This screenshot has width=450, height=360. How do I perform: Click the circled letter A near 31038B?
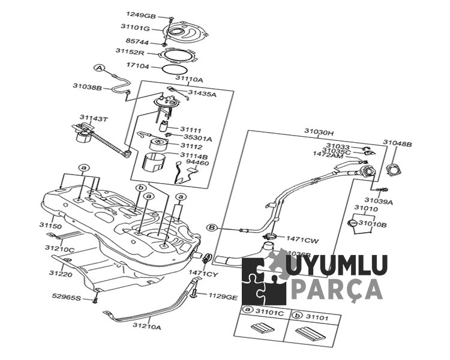click(100, 68)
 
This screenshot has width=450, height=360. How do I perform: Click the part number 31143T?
click(94, 118)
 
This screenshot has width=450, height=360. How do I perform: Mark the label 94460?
click(197, 163)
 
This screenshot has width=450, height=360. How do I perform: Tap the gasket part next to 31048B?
click(394, 170)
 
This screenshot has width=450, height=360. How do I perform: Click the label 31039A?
click(379, 202)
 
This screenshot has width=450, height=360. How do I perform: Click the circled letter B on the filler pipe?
click(211, 227)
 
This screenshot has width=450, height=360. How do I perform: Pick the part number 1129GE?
click(223, 296)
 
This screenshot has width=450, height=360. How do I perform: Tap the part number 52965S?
click(66, 296)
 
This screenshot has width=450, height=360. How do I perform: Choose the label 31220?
click(59, 274)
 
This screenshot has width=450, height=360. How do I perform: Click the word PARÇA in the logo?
click(336, 289)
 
